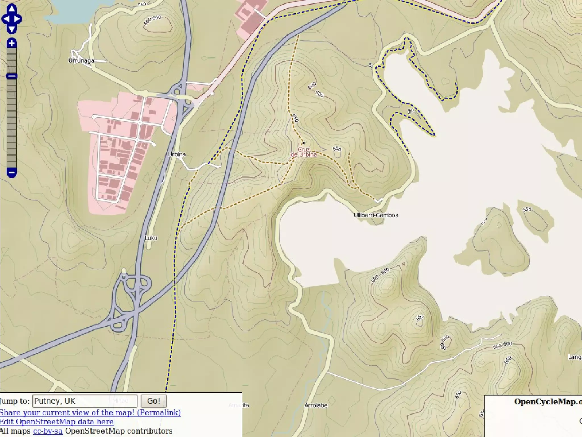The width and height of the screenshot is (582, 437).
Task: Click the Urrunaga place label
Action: pos(81,61)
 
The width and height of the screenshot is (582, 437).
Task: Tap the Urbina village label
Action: pos(177,154)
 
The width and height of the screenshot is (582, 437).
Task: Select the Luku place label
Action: pos(151,238)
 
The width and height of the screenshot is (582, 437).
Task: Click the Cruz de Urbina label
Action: pos(304,152)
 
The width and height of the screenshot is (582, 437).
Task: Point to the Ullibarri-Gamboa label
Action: pos(376,215)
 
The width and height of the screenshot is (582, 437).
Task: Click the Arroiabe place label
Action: pos(316,405)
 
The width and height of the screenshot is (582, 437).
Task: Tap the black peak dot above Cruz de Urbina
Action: pos(304,143)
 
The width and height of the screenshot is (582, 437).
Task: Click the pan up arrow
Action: pos(12,8)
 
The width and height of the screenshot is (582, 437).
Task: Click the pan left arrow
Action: pos(5,19)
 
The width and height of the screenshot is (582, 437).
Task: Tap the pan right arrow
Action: pos(18,19)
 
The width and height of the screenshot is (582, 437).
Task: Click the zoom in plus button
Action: pos(12,43)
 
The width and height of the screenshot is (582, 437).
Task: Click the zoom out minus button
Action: pos(12,172)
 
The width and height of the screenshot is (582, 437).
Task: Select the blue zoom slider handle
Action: pos(12,76)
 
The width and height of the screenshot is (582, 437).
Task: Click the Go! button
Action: pos(153,401)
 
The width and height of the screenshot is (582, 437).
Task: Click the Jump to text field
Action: pos(85,401)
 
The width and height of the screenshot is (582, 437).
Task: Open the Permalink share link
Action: pos(90,413)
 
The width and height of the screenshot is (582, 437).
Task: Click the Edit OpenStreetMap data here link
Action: pos(57,422)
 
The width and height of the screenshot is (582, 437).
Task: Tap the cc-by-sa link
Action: pos(47,431)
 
